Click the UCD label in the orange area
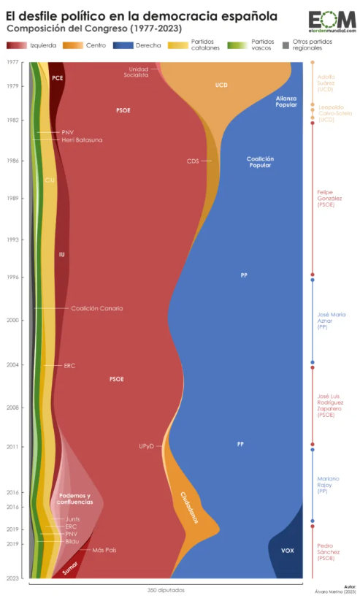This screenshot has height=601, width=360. (x=221, y=85)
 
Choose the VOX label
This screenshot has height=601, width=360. (x=287, y=550)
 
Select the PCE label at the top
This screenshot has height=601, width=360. (x=58, y=77)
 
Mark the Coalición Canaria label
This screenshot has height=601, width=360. (x=96, y=308)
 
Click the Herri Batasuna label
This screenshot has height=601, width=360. (x=82, y=139)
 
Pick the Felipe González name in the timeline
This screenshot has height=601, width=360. (x=325, y=199)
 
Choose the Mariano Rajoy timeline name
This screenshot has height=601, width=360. (x=325, y=486)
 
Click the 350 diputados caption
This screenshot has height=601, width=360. (x=166, y=589)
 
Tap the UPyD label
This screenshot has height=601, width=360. (x=146, y=445)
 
